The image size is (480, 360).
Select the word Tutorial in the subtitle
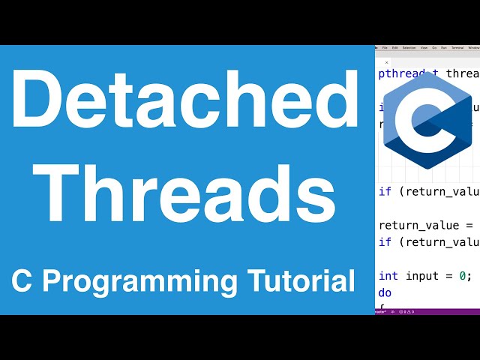click(301, 282)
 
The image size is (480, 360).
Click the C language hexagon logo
click(427, 120)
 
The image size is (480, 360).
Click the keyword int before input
click(388, 275)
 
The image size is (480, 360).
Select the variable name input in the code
click(421, 275)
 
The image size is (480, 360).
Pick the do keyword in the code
click(385, 292)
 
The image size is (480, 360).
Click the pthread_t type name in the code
click(409, 73)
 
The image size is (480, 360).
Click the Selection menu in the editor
click(409, 47)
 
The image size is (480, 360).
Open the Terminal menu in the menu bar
click(456, 47)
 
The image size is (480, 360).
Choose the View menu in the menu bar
click(425, 47)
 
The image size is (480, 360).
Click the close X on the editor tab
click(387, 62)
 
